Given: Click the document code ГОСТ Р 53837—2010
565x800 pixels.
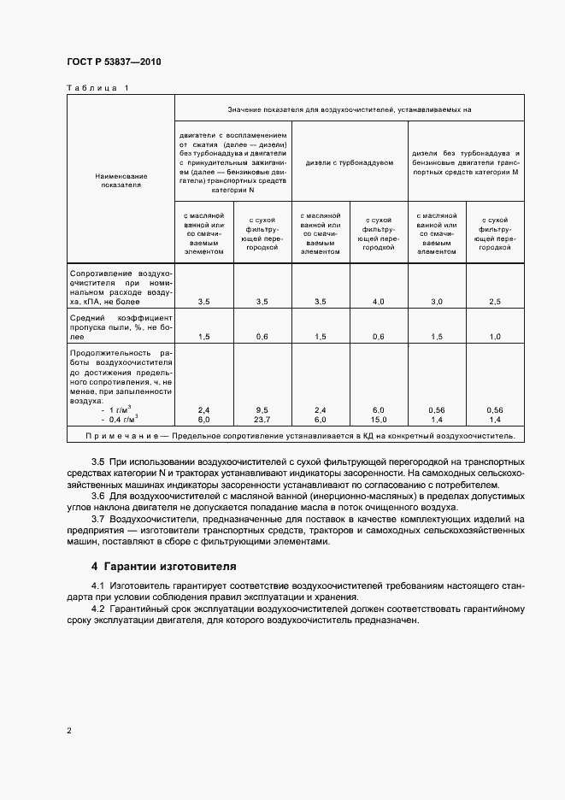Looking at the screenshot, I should [114, 62].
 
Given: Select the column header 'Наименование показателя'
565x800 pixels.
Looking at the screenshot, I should [121, 179].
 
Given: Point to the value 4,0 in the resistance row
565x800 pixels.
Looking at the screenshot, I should [378, 302].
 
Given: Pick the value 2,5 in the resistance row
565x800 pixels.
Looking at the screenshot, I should [495, 302].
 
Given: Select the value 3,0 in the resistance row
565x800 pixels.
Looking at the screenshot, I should [436, 302].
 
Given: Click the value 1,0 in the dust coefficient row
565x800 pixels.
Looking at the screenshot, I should [495, 337].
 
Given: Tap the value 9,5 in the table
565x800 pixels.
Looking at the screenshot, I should [262, 410].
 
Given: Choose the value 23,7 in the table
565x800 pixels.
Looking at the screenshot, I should [262, 420].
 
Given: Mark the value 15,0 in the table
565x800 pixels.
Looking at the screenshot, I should [378, 420].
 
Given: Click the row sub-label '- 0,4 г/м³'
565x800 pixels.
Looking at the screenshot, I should [121, 420].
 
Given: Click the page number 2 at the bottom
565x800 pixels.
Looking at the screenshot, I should [68, 731].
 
